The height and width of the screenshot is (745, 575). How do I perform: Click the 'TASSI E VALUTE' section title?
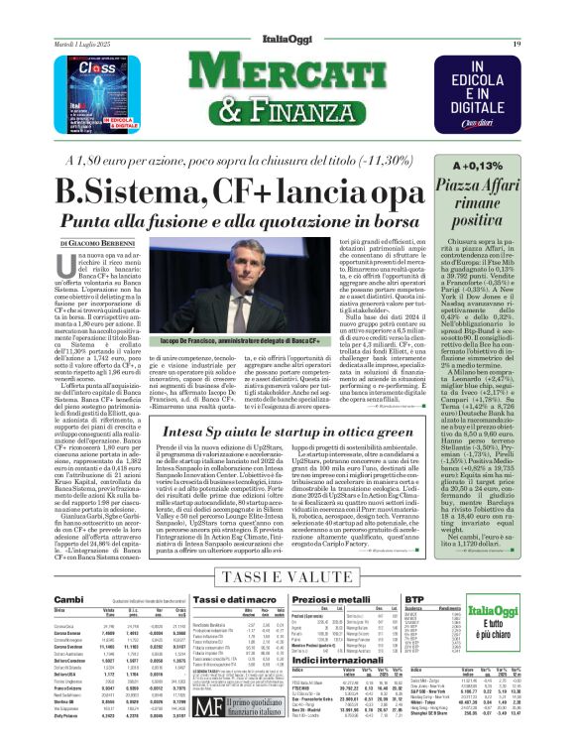287,575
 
